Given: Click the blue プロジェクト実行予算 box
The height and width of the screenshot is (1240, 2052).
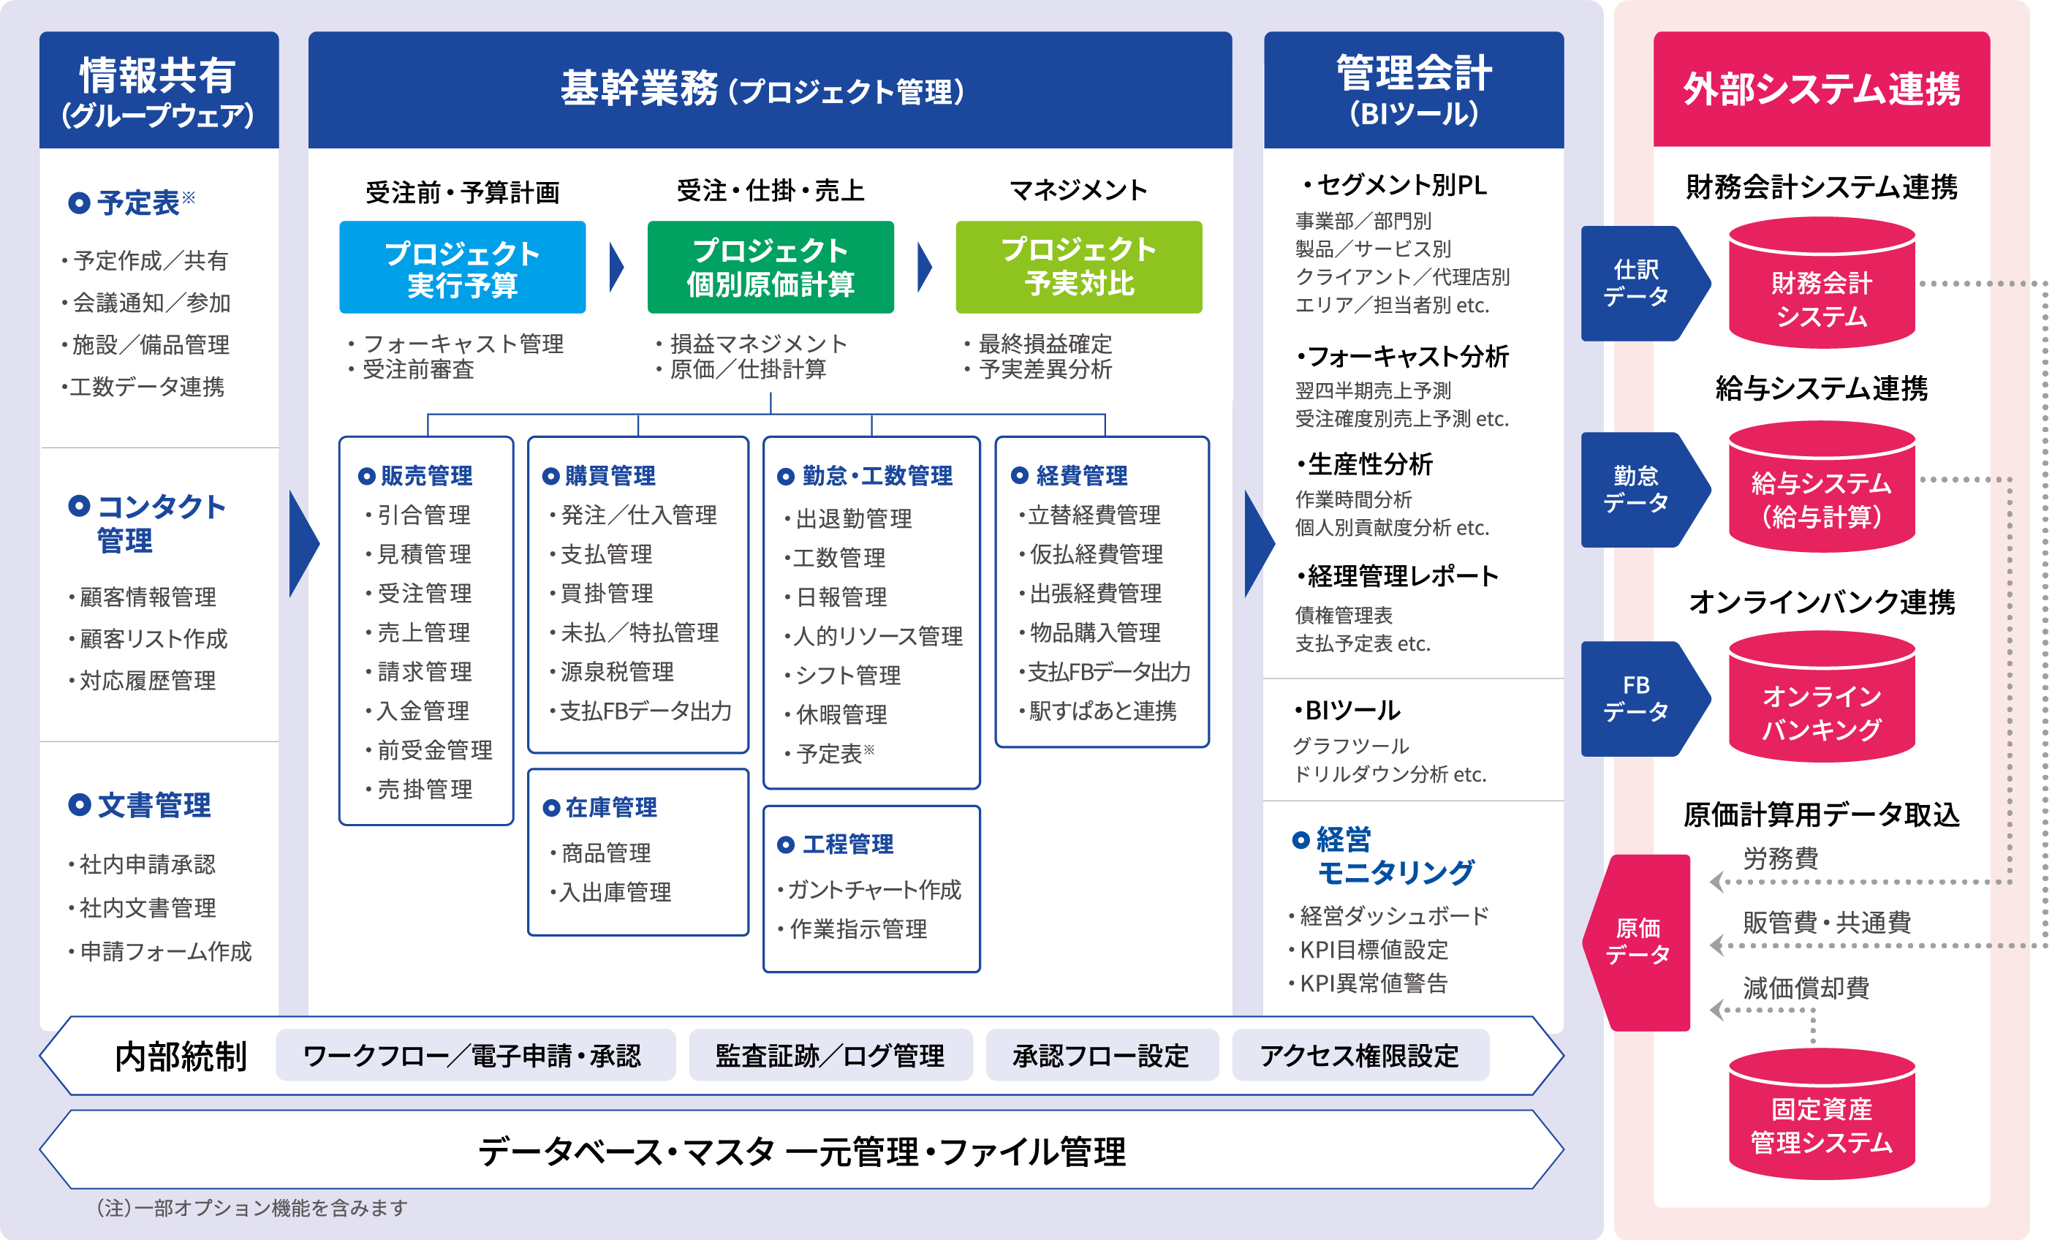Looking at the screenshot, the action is [x=462, y=268].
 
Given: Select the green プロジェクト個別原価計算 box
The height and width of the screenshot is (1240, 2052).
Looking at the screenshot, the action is [x=771, y=268].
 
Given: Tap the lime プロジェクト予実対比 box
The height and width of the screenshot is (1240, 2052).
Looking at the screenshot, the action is [x=1078, y=268].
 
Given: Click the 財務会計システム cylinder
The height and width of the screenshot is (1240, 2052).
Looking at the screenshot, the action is [x=1821, y=283].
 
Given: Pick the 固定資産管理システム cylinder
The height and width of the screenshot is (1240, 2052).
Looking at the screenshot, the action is [x=1821, y=1114].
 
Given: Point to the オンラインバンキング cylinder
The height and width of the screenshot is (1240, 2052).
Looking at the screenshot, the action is [x=1821, y=697].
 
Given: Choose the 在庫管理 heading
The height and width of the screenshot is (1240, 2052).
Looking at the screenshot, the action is [x=599, y=807].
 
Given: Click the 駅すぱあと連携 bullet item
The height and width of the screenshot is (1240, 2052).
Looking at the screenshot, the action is [x=1097, y=711].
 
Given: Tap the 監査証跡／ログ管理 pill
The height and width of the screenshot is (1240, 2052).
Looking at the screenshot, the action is [x=830, y=1055].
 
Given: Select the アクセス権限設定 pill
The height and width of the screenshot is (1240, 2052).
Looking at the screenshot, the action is [x=1360, y=1055].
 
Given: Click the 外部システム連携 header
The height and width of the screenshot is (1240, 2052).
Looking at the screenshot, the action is [x=1821, y=89].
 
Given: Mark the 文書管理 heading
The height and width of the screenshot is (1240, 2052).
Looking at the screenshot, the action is [x=140, y=805].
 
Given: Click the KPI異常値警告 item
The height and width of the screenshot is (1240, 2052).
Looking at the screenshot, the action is [x=1368, y=983].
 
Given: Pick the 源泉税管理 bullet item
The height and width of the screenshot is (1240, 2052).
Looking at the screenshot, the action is [x=611, y=671].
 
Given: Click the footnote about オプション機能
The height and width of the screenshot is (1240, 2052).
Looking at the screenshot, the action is [x=251, y=1208].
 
